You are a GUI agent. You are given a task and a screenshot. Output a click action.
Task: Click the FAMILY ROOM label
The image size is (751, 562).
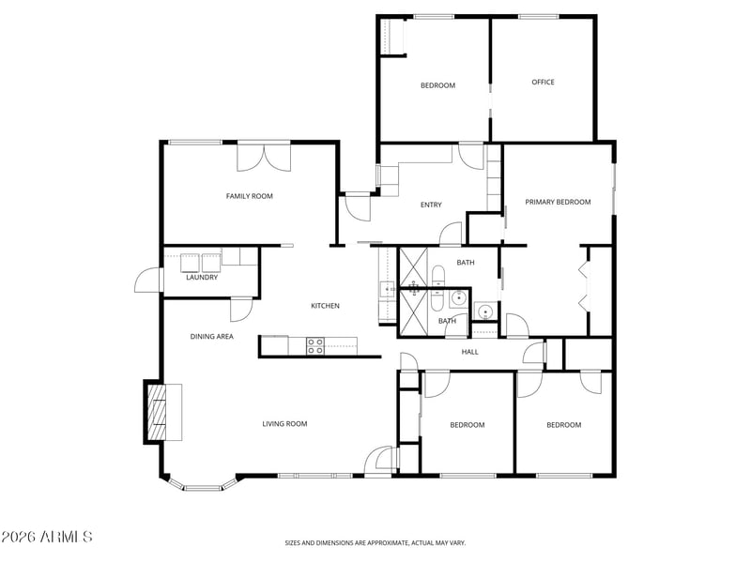click(x=249, y=196)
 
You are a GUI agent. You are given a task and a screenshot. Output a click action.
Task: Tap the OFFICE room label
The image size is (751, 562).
click(x=544, y=82)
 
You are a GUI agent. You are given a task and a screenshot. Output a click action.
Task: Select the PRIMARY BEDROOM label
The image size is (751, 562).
click(x=558, y=202)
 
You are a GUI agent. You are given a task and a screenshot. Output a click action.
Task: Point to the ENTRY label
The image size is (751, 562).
click(x=431, y=205)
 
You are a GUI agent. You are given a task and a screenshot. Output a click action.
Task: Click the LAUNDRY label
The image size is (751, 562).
click(x=202, y=277)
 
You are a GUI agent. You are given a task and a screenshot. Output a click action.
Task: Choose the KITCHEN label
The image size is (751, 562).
click(x=325, y=306)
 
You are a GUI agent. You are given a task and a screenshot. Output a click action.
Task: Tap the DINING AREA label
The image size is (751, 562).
click(x=212, y=337)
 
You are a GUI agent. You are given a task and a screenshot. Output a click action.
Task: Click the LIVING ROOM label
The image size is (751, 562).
click(x=284, y=424)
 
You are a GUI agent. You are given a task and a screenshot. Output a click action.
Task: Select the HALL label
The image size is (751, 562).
click(x=470, y=352)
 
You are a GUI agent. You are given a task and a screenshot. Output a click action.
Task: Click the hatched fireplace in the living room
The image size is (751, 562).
click(x=157, y=412)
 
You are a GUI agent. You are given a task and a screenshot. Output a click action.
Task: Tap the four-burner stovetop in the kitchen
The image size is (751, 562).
click(x=315, y=346)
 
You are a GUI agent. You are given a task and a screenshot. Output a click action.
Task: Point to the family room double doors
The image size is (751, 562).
click(x=264, y=157)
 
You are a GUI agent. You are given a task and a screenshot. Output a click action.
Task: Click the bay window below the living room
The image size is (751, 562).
click(x=204, y=484)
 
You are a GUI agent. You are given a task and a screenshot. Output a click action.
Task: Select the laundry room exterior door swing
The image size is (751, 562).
click(x=147, y=280)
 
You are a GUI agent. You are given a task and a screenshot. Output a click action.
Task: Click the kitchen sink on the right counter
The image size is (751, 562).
click(x=387, y=289)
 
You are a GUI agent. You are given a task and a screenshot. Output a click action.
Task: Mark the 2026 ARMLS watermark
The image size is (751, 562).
click(x=46, y=537)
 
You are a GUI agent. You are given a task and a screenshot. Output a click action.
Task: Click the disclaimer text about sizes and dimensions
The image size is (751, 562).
click(x=375, y=543)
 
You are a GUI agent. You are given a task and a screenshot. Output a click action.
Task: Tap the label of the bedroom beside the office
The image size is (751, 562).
click(x=437, y=85)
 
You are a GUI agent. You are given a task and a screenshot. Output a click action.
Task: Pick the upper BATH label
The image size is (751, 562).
click(x=466, y=263)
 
